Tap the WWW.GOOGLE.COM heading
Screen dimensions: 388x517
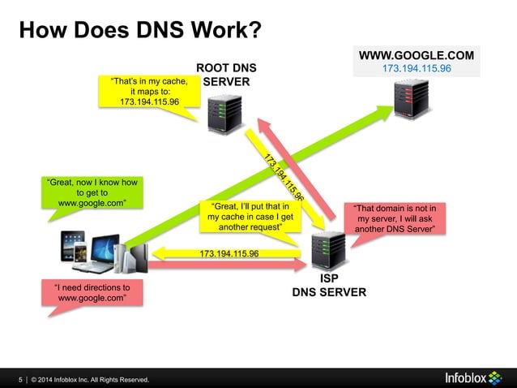[417, 56]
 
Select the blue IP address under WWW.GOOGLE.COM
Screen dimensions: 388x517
[417, 69]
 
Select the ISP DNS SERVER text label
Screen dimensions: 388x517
[329, 285]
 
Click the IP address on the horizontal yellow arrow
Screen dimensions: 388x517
[229, 254]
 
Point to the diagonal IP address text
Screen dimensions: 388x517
[283, 175]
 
